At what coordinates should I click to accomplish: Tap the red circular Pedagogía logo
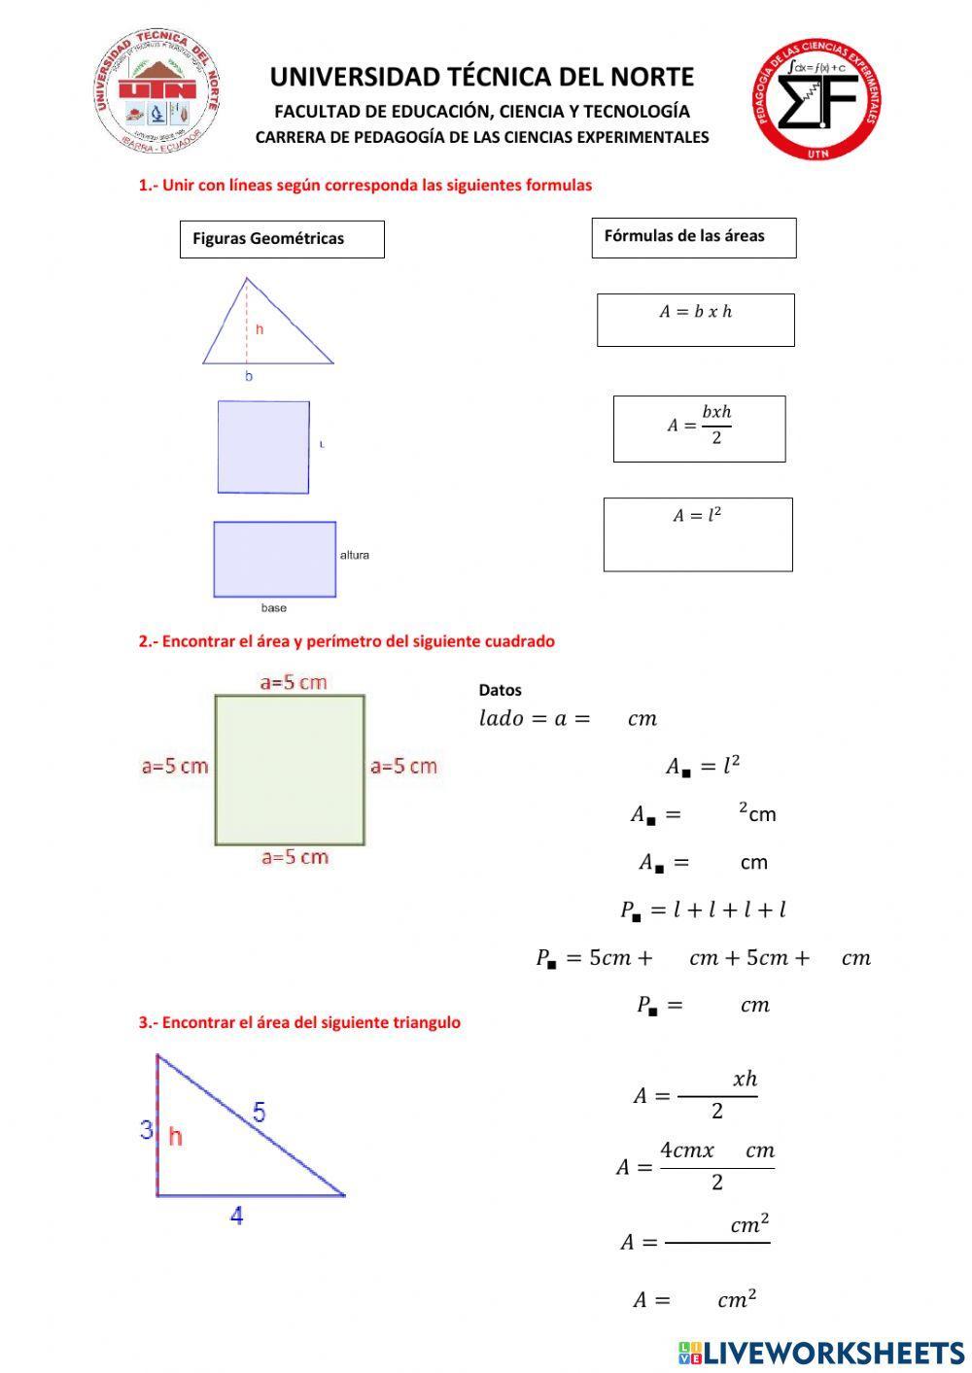point(819,99)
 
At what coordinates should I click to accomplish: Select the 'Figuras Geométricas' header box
point(282,239)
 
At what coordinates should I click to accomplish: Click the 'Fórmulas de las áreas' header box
point(693,237)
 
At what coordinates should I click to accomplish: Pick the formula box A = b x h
point(695,320)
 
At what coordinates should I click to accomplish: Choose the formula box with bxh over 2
point(699,429)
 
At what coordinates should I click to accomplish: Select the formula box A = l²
point(697,534)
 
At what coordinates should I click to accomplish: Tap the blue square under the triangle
point(263,447)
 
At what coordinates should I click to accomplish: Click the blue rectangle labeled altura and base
point(275,559)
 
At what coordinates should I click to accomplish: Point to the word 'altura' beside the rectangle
point(355,556)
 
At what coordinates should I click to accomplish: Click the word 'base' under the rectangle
point(274,608)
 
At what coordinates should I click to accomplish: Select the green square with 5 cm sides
point(290,770)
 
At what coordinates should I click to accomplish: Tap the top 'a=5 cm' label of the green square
point(294,683)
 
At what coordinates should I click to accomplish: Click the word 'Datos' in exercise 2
point(500,691)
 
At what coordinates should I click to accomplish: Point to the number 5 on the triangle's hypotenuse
point(259,1112)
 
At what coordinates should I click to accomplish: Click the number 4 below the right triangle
point(236,1215)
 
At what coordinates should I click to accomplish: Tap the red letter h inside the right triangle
point(175,1135)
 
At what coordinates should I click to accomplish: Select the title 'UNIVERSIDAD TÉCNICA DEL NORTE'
point(481,78)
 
